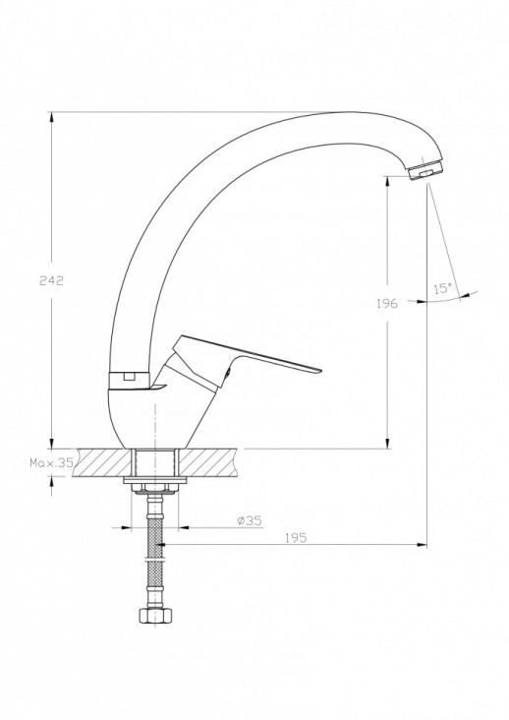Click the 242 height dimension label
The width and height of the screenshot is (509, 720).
point(51,280)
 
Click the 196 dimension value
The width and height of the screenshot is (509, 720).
point(387,303)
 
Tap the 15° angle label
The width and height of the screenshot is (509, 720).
point(443,288)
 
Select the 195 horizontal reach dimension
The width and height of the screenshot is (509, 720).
point(296,538)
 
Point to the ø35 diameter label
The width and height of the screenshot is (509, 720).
point(250,520)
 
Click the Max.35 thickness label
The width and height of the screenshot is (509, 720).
point(51,462)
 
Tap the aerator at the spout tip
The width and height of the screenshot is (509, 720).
point(425,170)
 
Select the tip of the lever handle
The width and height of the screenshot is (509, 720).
point(320,370)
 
